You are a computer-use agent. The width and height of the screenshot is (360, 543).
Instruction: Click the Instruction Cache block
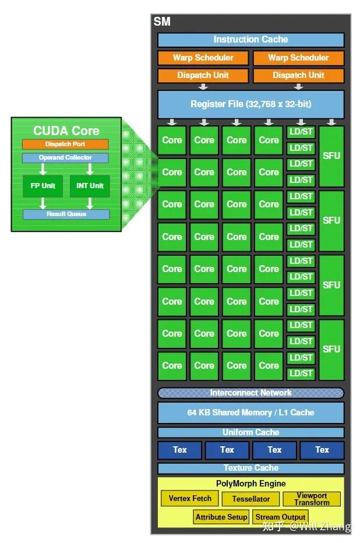click(250, 40)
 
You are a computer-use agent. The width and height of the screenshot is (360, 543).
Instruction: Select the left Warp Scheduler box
click(203, 58)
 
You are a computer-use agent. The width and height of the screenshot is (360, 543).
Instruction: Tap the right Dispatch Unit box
click(298, 75)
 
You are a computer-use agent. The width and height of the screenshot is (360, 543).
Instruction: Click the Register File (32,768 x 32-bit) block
click(250, 104)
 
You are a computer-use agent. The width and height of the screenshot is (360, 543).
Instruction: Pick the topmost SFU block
click(331, 156)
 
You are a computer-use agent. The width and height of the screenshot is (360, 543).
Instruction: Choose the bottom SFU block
click(331, 350)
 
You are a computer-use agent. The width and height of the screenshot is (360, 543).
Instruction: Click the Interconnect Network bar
click(250, 393)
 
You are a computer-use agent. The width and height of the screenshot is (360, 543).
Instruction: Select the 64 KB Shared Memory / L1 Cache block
click(250, 412)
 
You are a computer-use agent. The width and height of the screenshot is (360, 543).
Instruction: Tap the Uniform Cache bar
click(250, 432)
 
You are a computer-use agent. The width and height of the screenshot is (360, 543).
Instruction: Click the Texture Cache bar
click(250, 468)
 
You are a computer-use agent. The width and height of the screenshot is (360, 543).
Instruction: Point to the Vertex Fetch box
click(190, 499)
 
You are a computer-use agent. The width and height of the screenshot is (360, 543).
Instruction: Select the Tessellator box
click(251, 499)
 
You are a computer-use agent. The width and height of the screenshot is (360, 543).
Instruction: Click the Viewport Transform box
click(312, 499)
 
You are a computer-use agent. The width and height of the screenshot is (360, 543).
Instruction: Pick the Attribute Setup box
click(221, 517)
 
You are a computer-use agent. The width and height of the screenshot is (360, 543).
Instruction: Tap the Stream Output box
click(281, 517)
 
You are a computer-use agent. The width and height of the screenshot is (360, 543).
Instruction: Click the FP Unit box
click(43, 186)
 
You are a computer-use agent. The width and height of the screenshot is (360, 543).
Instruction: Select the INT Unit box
click(90, 186)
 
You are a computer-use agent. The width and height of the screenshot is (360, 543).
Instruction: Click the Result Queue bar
click(66, 214)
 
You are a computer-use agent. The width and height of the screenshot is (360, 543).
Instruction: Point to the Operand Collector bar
click(66, 158)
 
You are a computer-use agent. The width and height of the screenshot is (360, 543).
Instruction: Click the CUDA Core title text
click(66, 131)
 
